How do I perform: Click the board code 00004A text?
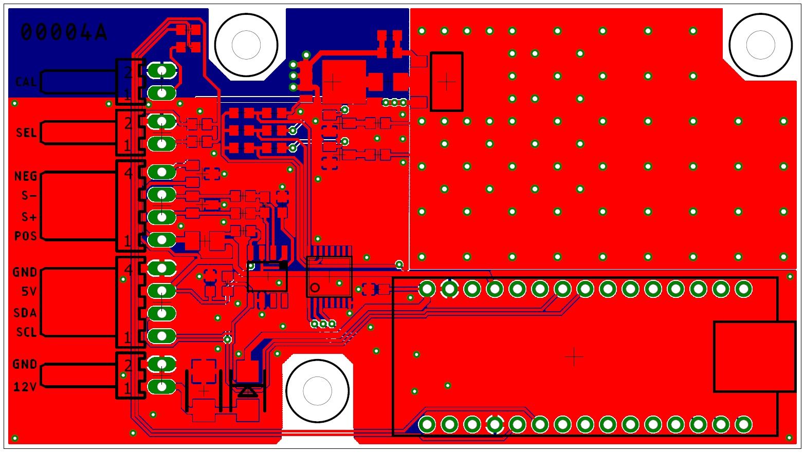tap(64, 32)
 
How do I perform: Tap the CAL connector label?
tap(25, 82)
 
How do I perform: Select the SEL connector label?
tap(26, 133)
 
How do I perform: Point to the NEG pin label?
tap(26, 176)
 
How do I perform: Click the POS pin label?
tap(26, 236)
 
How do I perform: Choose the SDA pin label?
tap(26, 312)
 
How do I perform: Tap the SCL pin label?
tap(26, 332)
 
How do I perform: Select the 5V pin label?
tap(29, 291)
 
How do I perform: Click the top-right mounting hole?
tap(760, 45)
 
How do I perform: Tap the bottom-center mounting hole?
tap(317, 391)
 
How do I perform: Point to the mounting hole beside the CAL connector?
tap(246, 45)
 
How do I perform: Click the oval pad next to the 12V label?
tap(162, 387)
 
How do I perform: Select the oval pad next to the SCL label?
tap(162, 336)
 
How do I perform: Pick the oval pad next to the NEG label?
tap(162, 172)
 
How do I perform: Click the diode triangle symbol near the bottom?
tap(248, 392)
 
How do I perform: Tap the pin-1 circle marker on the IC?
tap(315, 288)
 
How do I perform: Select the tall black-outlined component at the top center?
tap(446, 81)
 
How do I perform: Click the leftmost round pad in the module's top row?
tap(427, 289)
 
